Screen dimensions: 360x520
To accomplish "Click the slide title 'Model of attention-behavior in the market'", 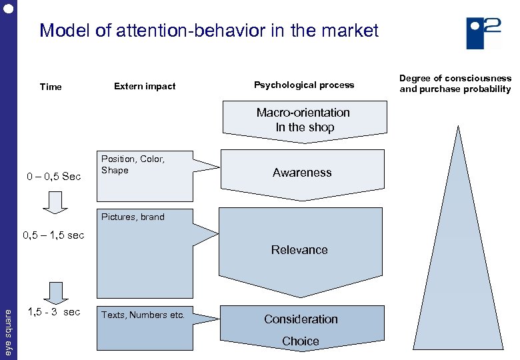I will click(x=209, y=31).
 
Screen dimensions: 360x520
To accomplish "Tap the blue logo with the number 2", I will click(x=483, y=33).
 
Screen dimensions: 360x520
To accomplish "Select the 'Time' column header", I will click(x=51, y=87).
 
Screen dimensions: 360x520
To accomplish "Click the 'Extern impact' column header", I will click(x=145, y=86).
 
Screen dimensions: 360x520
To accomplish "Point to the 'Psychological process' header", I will click(x=304, y=85).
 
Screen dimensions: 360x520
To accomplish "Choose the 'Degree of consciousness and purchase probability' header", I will click(x=455, y=83).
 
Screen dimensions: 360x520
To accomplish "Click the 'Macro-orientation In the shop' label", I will click(x=303, y=120).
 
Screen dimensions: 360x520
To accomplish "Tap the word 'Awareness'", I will click(x=302, y=173).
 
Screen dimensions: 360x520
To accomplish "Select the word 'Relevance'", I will click(x=299, y=250).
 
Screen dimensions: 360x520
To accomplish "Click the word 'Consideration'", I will click(x=301, y=319).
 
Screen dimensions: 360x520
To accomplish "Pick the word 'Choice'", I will click(x=301, y=341).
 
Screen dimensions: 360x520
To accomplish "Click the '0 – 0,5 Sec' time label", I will click(x=53, y=177).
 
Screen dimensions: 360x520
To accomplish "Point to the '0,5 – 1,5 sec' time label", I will click(x=53, y=235).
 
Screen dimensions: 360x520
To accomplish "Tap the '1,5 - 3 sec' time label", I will click(x=53, y=312).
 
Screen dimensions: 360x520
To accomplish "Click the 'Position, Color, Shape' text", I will click(x=133, y=165).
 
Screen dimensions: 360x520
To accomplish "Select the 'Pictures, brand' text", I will click(x=133, y=217).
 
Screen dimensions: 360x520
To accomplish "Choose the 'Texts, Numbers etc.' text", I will click(x=143, y=315).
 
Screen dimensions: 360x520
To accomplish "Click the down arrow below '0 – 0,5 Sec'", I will click(x=55, y=202).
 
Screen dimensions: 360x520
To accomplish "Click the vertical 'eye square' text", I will click(x=9, y=330).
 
